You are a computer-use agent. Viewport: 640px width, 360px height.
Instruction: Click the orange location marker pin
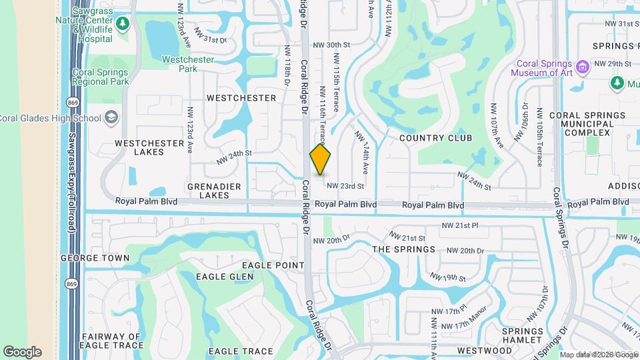pos(320,159)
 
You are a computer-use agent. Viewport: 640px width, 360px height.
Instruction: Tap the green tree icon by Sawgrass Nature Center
pos(122,25)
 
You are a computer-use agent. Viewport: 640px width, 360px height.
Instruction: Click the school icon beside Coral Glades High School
pos(111,118)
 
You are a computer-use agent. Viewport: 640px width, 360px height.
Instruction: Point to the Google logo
pos(22,352)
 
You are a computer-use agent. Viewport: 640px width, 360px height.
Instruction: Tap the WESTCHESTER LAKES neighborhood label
pos(139,147)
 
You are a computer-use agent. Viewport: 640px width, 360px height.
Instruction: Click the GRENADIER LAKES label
pos(199,191)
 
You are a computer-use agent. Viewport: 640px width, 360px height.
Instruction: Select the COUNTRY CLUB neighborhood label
pos(435,138)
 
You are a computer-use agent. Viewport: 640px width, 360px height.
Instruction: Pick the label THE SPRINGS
pos(403,249)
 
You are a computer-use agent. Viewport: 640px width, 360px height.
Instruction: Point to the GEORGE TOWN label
pos(95,257)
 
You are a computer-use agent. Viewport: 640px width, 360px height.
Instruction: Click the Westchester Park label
pos(188,64)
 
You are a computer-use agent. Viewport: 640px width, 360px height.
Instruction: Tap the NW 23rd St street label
pos(345,186)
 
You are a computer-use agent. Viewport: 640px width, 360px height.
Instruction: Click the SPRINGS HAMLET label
pos(523,336)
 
